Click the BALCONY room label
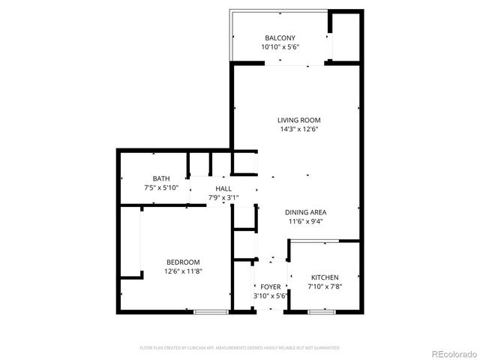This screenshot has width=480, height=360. point(280,38)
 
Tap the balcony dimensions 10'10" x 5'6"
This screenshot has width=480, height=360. point(280,47)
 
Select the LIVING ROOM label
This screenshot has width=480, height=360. point(299,120)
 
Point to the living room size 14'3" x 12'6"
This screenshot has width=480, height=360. point(299,129)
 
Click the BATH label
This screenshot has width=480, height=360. point(161,178)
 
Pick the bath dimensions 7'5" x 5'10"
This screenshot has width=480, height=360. point(161,187)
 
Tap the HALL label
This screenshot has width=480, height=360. point(223,189)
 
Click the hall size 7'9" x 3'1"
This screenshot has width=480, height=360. point(223,198)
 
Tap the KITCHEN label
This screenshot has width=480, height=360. point(325,277)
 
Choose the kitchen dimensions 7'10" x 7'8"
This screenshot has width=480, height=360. point(325,286)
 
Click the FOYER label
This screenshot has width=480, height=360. point(270,287)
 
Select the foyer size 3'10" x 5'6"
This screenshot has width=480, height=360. point(270,296)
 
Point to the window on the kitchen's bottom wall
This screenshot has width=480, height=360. point(320,311)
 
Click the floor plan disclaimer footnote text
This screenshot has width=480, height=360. point(240,348)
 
